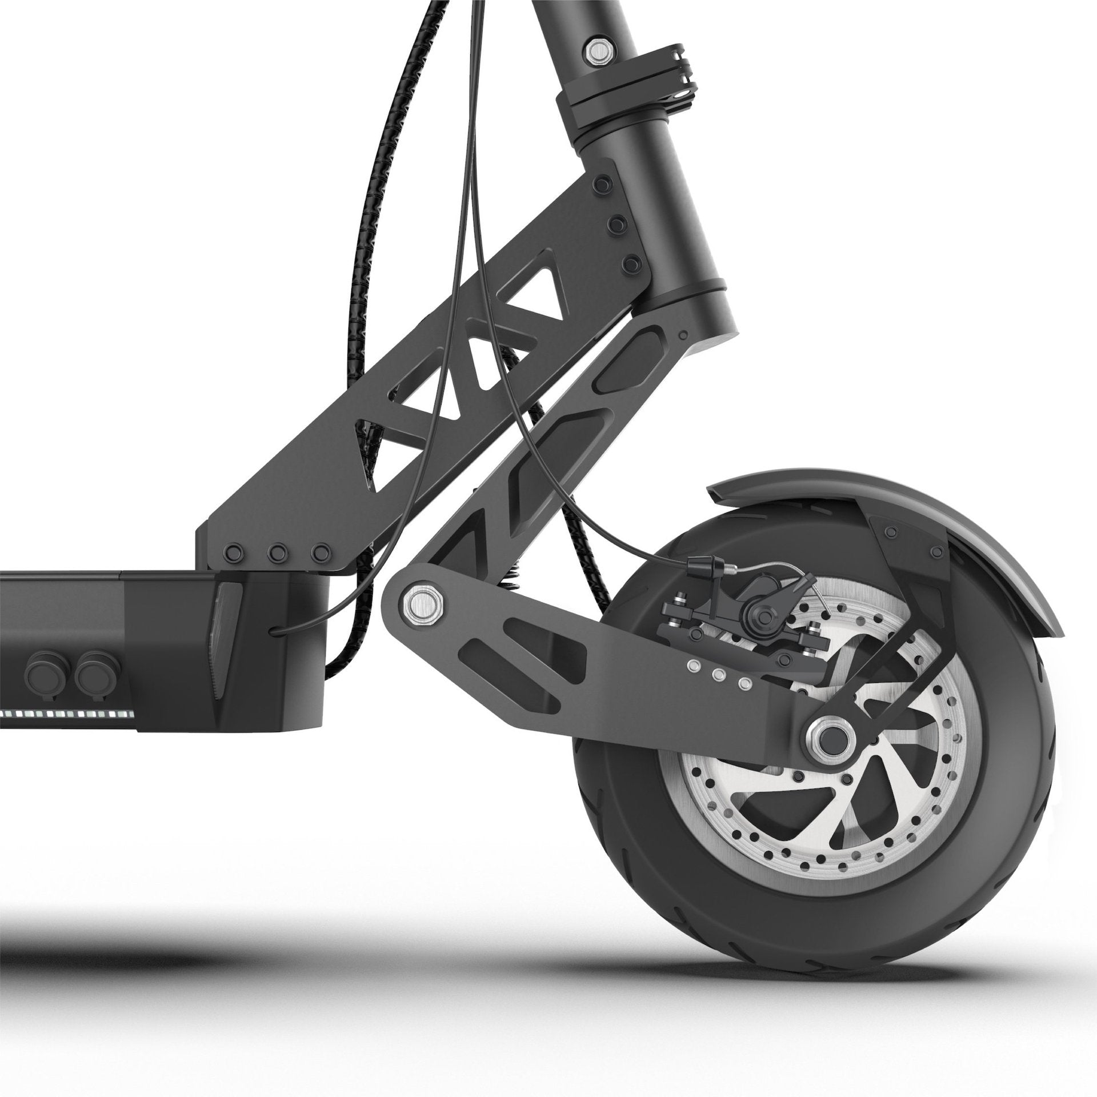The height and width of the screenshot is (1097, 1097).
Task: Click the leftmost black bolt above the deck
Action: (x=233, y=553)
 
